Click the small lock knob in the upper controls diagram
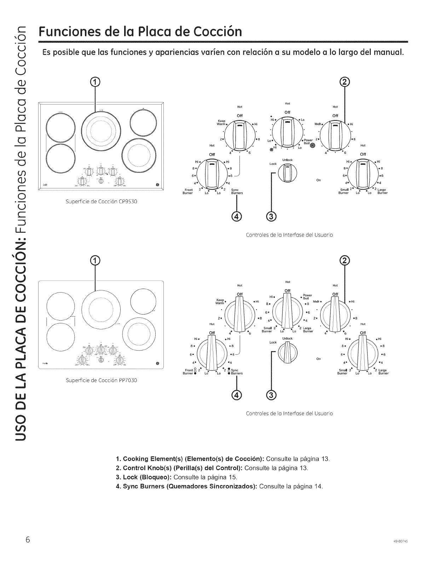(x=287, y=173)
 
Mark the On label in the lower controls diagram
(x=318, y=359)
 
